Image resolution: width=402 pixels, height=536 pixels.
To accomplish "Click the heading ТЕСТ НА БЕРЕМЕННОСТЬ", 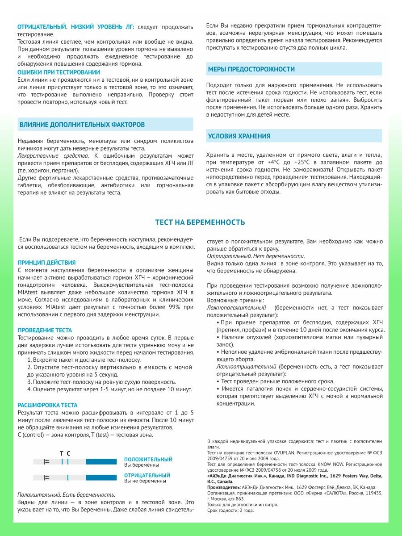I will pyautogui.click(x=200, y=222).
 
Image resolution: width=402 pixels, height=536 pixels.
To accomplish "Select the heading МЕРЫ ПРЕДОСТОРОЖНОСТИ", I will pyautogui.click(x=251, y=69).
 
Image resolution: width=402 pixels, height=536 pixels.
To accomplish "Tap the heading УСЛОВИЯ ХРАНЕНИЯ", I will pyautogui.click(x=239, y=136).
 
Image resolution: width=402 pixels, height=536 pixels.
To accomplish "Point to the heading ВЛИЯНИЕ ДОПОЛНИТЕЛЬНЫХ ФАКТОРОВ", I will pyautogui.click(x=82, y=125).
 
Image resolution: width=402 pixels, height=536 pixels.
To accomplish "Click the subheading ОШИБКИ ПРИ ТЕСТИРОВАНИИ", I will pyautogui.click(x=59, y=72).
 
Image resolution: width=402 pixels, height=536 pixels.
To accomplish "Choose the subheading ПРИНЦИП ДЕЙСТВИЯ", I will pyautogui.click(x=46, y=263).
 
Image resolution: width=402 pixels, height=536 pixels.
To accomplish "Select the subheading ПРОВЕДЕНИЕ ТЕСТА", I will pyautogui.click(x=45, y=331).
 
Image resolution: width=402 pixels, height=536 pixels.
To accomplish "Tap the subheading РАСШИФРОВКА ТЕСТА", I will pyautogui.click(x=47, y=405).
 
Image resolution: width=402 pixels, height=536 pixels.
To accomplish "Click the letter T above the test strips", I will pyautogui.click(x=62, y=453).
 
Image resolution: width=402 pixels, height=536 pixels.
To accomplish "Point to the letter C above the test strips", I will pyautogui.click(x=68, y=453).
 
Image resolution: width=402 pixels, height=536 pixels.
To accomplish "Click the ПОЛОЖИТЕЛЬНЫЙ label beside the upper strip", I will pyautogui.click(x=148, y=459).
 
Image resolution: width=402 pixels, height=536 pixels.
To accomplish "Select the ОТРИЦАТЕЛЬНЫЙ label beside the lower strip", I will pyautogui.click(x=147, y=475).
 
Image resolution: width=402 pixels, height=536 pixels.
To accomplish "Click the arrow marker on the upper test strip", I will pyautogui.click(x=46, y=462).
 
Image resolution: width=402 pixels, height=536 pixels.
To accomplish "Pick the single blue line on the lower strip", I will pyautogui.click(x=67, y=478).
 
